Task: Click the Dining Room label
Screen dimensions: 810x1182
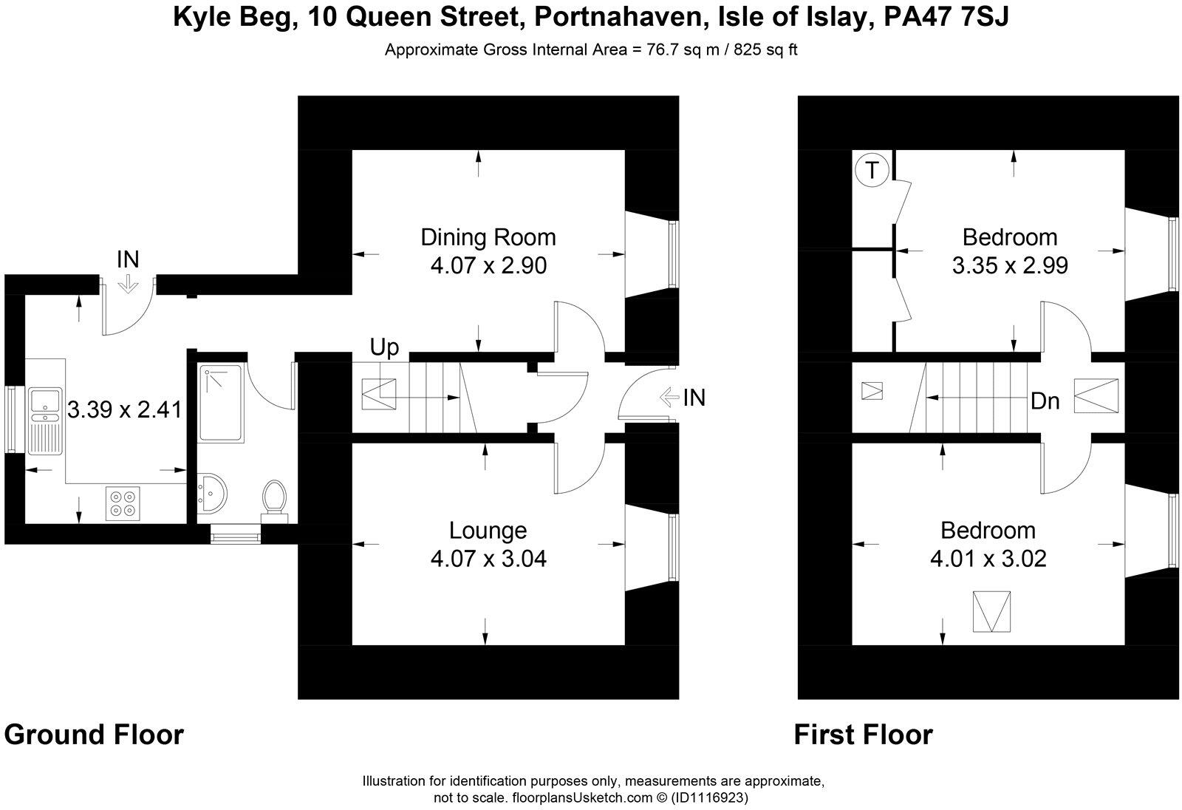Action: click(488, 237)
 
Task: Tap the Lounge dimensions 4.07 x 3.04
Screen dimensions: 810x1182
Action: click(488, 559)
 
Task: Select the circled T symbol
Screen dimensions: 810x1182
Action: click(872, 171)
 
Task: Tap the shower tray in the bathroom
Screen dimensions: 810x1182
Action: click(221, 404)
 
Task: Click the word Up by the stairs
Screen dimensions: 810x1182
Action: click(384, 347)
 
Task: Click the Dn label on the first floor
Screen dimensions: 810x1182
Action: click(1045, 401)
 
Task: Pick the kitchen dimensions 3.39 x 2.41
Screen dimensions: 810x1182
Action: click(124, 409)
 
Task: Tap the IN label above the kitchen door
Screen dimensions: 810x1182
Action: click(128, 259)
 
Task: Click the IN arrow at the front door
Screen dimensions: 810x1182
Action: click(669, 398)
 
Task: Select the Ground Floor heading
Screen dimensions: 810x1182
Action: click(94, 735)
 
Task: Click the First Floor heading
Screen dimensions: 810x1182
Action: click(863, 735)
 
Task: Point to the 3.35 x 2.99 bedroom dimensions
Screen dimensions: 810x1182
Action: click(1010, 265)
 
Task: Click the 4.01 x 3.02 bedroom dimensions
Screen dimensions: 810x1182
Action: click(988, 559)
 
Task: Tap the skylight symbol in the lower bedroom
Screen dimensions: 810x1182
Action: click(991, 611)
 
